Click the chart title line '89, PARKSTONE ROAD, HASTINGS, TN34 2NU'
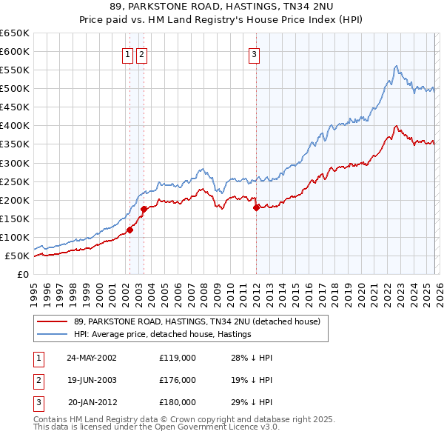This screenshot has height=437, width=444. [x=221, y=8]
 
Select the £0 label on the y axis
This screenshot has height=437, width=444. [x=22, y=275]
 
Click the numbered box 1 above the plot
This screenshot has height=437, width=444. [x=129, y=53]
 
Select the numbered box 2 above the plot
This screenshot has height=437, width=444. [x=141, y=53]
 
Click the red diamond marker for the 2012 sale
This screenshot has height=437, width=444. [x=256, y=207]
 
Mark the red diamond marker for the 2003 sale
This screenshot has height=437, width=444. [x=144, y=209]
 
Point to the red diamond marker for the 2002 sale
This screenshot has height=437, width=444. [x=129, y=230]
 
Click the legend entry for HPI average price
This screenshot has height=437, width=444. [x=163, y=334]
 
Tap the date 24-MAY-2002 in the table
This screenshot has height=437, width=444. [x=92, y=358]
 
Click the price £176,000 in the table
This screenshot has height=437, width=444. [x=178, y=380]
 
